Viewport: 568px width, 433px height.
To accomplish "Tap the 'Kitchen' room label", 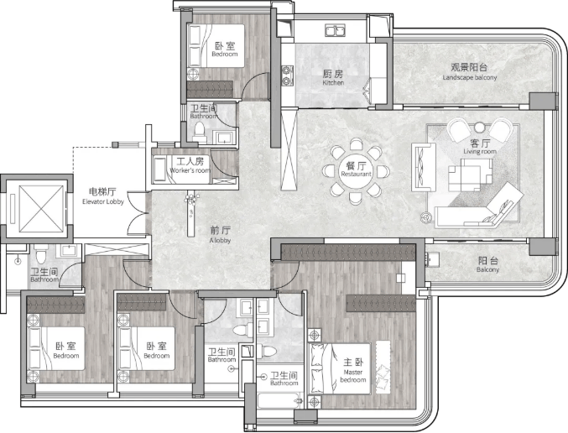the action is click(333, 82).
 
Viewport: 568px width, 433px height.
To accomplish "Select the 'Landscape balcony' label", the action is click(470, 77).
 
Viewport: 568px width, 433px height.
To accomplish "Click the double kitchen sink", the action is click(335, 30).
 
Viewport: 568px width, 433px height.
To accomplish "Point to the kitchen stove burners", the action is click(288, 76).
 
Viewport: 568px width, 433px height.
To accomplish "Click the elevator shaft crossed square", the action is click(41, 208).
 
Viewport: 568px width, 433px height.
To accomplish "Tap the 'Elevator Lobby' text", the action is click(103, 202).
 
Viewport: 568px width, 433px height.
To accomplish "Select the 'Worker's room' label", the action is click(190, 170).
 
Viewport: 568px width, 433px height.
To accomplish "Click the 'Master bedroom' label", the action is click(353, 376).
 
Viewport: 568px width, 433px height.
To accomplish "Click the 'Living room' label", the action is click(480, 151).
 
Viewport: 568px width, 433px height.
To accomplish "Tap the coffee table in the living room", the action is click(470, 175).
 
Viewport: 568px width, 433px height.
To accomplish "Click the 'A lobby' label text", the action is click(220, 240).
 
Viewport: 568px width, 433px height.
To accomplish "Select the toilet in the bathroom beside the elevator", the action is click(41, 253).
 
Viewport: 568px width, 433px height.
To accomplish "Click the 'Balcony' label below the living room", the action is click(487, 269).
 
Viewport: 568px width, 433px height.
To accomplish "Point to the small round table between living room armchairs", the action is click(479, 128).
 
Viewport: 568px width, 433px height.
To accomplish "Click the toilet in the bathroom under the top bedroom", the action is click(199, 132).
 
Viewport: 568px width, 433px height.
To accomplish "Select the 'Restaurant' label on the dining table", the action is click(356, 174).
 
